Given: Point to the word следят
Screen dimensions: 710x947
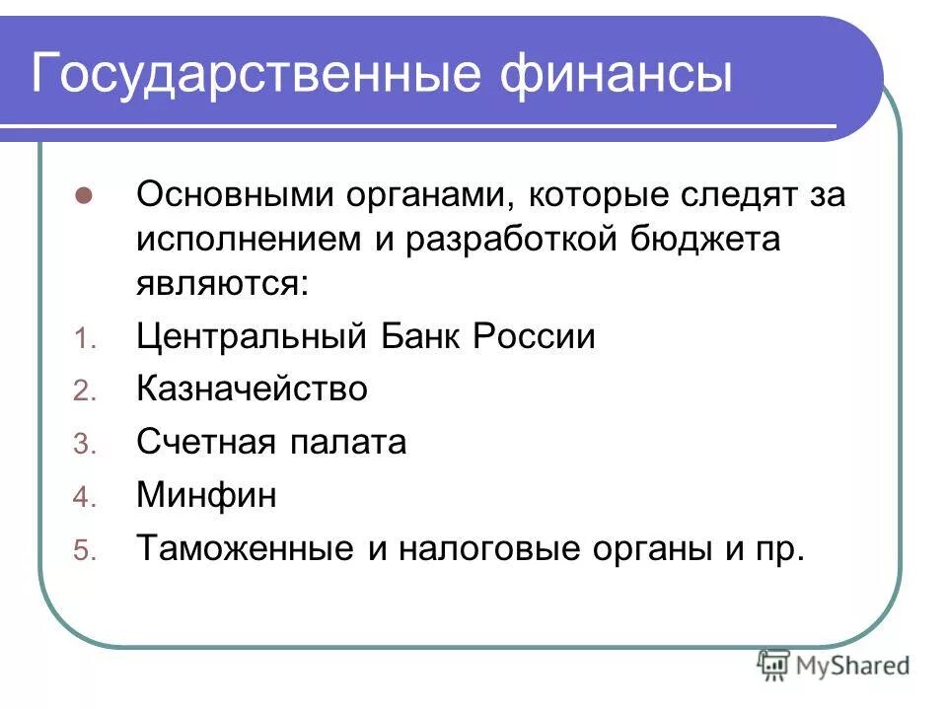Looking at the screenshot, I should pos(725,194).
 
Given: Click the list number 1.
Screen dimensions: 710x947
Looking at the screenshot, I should pos(83,339).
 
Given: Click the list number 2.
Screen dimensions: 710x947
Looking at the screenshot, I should pos(83,392).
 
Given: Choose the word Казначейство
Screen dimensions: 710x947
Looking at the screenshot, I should pos(252,390).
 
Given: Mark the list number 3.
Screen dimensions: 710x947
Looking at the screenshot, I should pos(83,446).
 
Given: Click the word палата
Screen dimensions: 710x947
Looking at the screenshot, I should pos(348,443).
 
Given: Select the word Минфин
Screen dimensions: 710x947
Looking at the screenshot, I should pos(206,496).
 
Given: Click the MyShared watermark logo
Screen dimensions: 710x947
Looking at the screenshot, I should pos(833,666).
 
